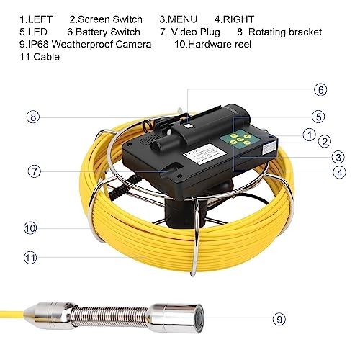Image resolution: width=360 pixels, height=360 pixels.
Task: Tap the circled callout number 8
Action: click(x=32, y=116)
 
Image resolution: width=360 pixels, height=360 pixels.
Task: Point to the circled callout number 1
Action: click(x=308, y=133)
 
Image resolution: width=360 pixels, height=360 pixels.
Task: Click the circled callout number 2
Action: click(x=325, y=143)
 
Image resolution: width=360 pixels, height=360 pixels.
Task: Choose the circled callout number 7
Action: click(x=35, y=171)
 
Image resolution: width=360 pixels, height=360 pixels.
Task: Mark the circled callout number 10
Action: click(x=30, y=228)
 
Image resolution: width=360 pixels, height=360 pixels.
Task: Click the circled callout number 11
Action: click(x=30, y=255)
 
